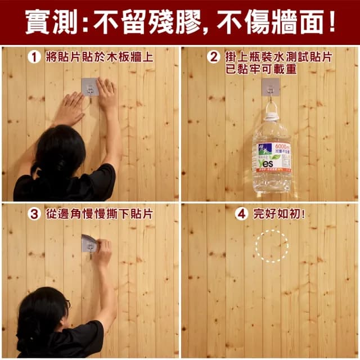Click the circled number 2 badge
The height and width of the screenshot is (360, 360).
pyautogui.click(x=213, y=57)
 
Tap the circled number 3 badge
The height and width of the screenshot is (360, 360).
pyautogui.click(x=34, y=214)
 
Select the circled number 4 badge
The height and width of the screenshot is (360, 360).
pyautogui.click(x=241, y=214)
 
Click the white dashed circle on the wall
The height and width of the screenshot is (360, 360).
pyautogui.click(x=272, y=245)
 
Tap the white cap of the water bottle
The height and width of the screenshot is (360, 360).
pyautogui.click(x=272, y=117)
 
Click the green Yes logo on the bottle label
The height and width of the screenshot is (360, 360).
pyautogui.click(x=265, y=163)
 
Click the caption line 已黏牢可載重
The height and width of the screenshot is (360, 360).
pyautogui.click(x=262, y=70)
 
